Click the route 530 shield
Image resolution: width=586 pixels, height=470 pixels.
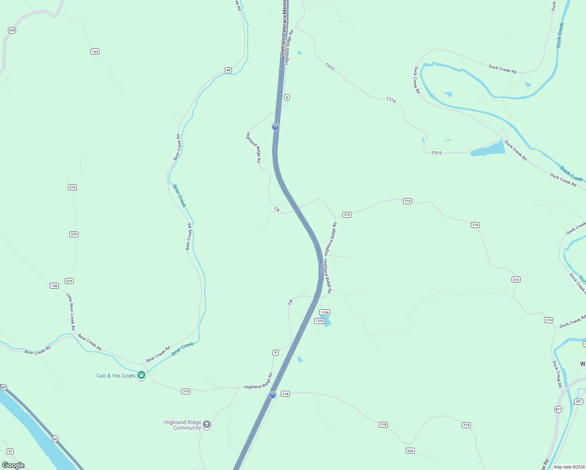[12, 30]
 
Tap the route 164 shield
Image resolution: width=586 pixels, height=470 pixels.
[95, 52]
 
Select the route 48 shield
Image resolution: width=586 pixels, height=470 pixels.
[228, 70]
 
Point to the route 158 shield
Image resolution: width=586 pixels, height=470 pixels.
[54, 286]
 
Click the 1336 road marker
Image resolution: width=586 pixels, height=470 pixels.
[325, 313]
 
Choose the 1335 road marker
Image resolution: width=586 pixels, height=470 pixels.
[320, 321]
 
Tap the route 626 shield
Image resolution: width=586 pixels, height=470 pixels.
[410, 450]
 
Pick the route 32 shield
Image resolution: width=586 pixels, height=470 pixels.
[10, 451]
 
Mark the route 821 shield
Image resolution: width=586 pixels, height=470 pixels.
[558, 409]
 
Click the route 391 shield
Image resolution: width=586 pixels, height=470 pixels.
[579, 401]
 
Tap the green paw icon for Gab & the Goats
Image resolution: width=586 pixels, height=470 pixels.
[141, 375]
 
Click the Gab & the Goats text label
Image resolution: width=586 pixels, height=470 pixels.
[116, 376]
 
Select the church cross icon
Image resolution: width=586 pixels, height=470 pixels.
[207, 424]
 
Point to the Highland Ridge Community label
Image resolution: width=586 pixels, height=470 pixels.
[183, 425]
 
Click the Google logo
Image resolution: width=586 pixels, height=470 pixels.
[13, 465]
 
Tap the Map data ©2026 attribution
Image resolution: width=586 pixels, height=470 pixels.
[568, 467]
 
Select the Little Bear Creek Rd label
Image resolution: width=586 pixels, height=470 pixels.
[71, 311]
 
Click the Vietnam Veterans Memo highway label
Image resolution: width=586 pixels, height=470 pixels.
[284, 27]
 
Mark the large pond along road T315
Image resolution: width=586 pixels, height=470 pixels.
[488, 149]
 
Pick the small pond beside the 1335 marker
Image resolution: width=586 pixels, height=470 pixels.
[327, 323]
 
